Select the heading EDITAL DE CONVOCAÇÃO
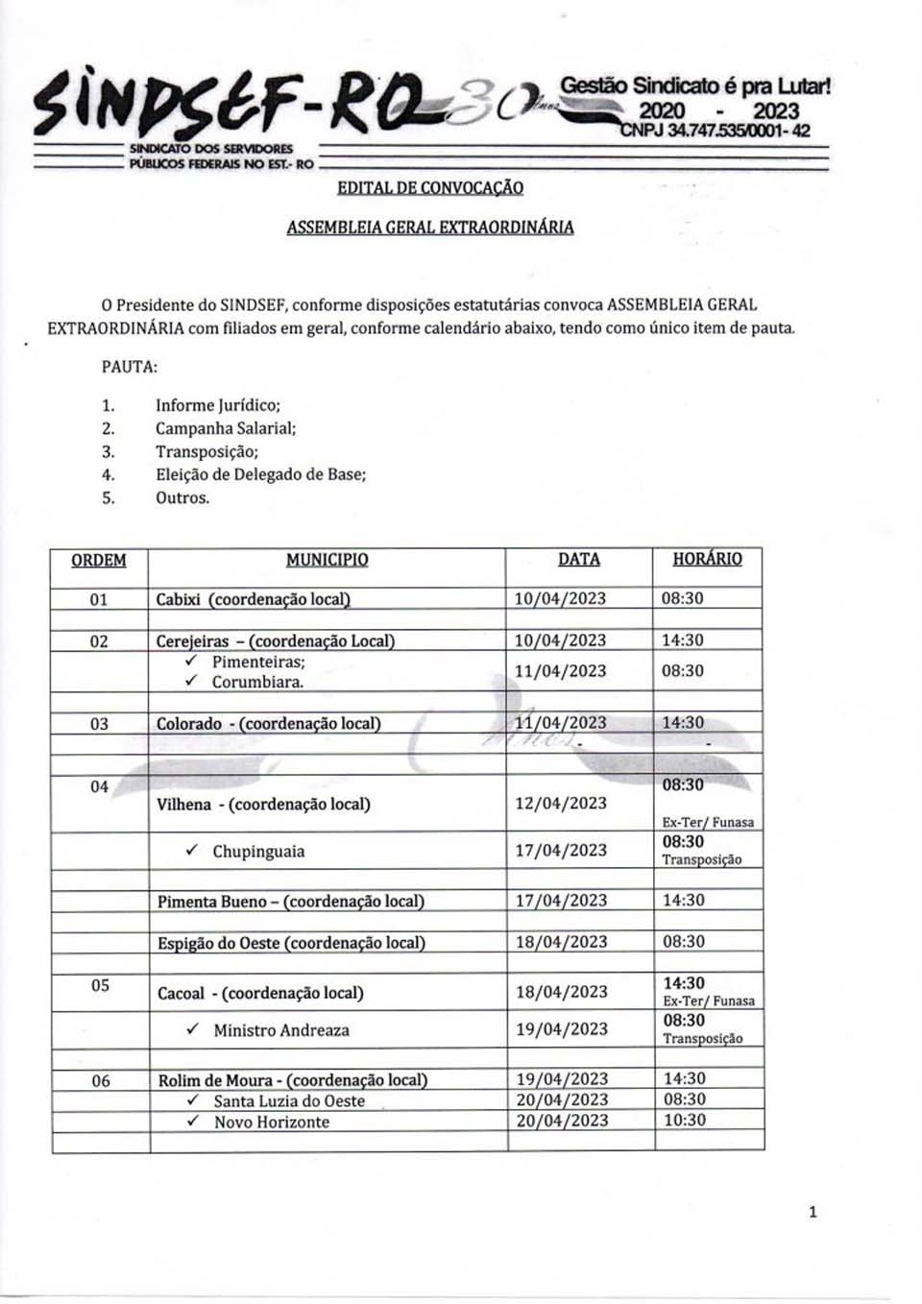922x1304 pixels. point(430,187)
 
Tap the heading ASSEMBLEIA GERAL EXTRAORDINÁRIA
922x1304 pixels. point(430,228)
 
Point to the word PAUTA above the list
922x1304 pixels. point(130,366)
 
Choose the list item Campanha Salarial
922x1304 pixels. point(226,428)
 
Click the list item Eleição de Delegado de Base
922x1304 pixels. point(260,474)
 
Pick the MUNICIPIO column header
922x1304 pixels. point(327,560)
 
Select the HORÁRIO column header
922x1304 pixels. point(707,559)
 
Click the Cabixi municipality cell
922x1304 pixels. point(253,599)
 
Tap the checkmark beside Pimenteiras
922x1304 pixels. point(192,661)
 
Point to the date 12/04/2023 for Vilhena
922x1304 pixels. point(561,803)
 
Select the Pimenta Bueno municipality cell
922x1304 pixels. point(291,902)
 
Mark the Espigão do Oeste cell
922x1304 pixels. point(291,943)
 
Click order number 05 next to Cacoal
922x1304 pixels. point(100,985)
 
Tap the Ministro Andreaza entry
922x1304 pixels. point(281,1030)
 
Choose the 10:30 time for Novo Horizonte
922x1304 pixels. point(684,1121)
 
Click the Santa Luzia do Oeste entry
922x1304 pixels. point(289,1101)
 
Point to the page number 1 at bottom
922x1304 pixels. point(813,1212)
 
